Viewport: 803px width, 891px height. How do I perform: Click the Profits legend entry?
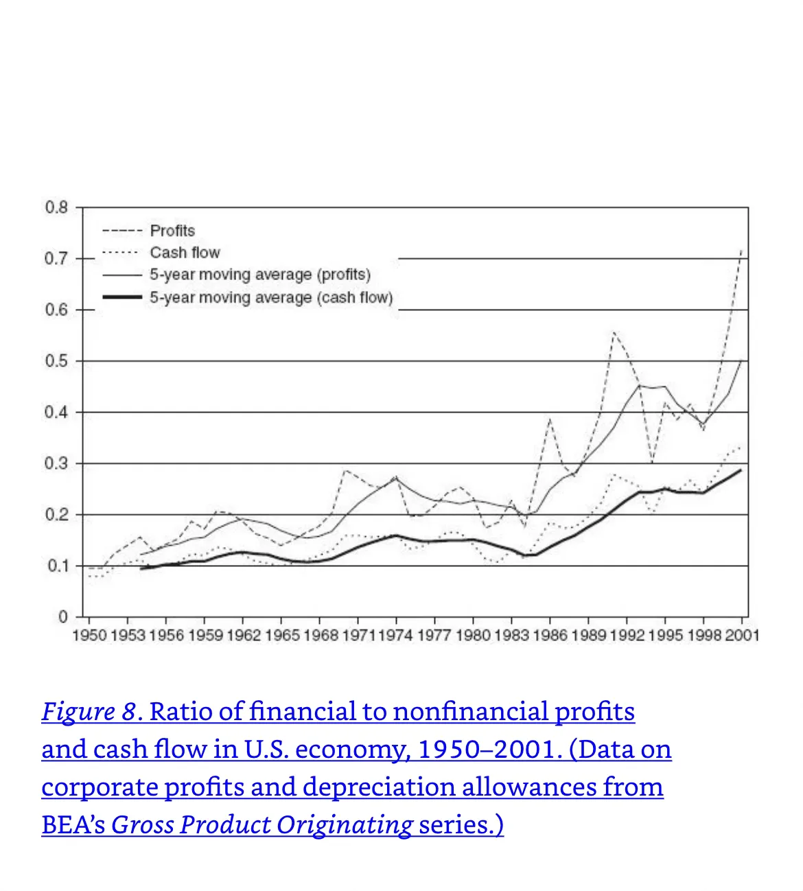[172, 231]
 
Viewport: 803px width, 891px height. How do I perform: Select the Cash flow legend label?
[185, 253]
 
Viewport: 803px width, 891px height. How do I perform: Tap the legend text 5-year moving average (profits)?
[260, 275]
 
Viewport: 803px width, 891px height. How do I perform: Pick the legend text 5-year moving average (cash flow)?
[271, 298]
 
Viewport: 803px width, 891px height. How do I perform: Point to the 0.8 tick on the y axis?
[57, 207]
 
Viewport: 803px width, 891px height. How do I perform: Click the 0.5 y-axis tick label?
[57, 361]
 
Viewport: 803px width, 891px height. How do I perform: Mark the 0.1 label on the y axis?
[57, 566]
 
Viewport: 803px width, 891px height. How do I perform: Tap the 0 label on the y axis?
[63, 617]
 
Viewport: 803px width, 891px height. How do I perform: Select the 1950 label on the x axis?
[89, 636]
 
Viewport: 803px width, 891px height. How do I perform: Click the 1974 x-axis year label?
[395, 636]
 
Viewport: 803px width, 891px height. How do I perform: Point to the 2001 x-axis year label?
[742, 636]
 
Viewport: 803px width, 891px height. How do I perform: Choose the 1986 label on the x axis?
[550, 636]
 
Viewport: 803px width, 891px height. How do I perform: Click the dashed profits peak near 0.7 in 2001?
[741, 251]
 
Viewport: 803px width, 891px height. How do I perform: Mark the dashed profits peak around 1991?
[614, 332]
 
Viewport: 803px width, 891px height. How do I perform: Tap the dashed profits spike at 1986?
[550, 418]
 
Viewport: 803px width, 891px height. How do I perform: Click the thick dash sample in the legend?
[122, 298]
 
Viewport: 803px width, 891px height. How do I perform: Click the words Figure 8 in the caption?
[89, 712]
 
